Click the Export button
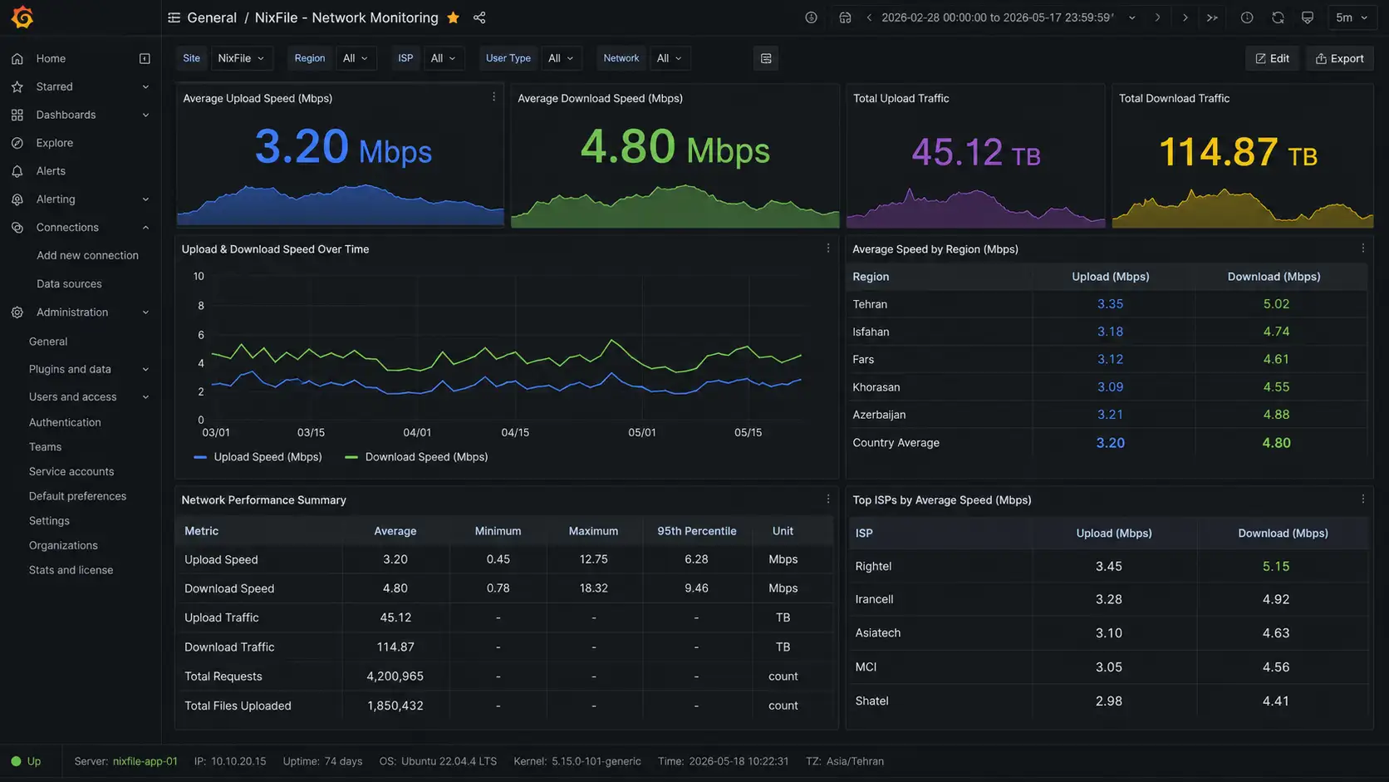click(1339, 58)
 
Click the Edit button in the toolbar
click(1272, 58)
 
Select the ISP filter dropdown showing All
click(444, 58)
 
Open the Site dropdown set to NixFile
click(241, 58)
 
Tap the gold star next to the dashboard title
click(454, 17)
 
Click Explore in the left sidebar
click(55, 143)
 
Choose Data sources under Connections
click(69, 283)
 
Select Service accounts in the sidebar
click(71, 471)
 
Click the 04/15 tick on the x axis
click(515, 432)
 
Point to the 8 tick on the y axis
click(200, 306)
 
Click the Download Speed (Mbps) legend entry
click(416, 457)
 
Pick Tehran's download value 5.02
click(1276, 304)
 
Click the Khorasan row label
click(876, 387)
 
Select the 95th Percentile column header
click(696, 531)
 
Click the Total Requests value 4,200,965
click(395, 676)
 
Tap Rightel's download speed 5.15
click(1275, 566)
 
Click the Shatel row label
click(871, 701)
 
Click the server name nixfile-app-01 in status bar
click(145, 761)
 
